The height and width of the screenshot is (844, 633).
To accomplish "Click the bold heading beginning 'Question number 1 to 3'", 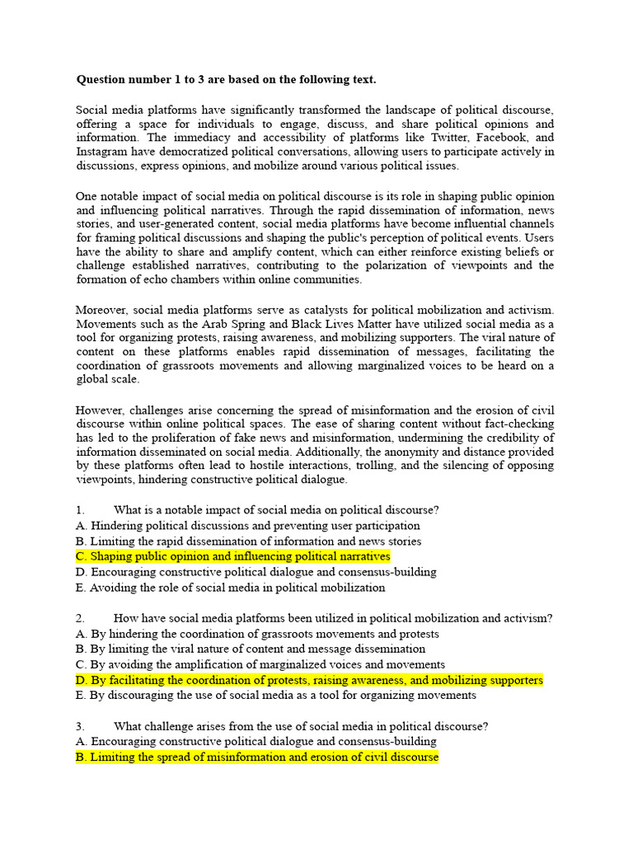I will point(226,80).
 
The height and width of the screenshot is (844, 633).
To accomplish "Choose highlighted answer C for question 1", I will point(232,557).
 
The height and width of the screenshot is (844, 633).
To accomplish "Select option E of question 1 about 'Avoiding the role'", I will point(230,588).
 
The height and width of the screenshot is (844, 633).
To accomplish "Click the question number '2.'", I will point(81,618).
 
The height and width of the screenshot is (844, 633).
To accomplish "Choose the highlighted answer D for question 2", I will point(309,680).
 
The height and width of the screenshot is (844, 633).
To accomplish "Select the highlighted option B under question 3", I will point(256,757).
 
